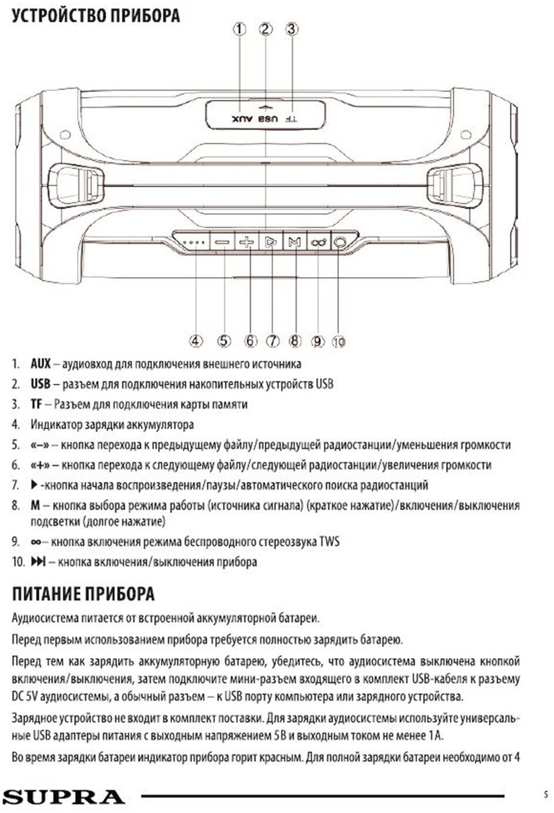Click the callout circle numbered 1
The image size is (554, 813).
click(239, 29)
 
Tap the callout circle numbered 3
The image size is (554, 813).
click(292, 29)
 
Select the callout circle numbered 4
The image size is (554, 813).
click(196, 341)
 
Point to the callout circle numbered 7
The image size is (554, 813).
click(272, 341)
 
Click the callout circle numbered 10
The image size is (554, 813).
click(339, 341)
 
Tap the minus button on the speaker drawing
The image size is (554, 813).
click(223, 242)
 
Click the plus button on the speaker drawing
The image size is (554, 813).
click(247, 242)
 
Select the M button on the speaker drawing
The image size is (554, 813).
click(294, 242)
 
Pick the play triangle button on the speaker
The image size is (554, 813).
click(270, 242)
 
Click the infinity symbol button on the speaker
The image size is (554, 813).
click(318, 242)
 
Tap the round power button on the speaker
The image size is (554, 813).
click(340, 241)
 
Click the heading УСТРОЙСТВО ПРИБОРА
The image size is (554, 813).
click(96, 15)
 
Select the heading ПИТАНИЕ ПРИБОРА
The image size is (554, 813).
click(83, 594)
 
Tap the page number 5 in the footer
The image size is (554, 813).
click(546, 795)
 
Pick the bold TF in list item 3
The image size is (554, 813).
click(36, 404)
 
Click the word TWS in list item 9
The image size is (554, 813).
click(329, 542)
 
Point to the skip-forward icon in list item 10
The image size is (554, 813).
click(38, 562)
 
